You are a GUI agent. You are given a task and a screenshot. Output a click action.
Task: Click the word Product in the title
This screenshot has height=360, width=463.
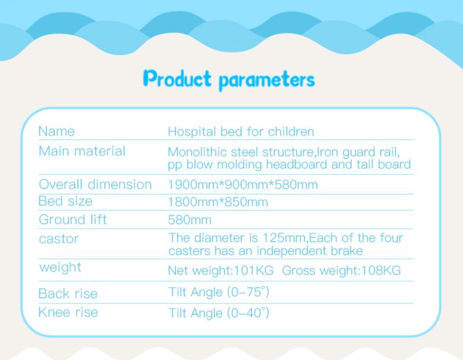click(x=177, y=79)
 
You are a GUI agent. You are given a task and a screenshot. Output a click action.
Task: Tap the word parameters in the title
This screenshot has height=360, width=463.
click(x=267, y=80)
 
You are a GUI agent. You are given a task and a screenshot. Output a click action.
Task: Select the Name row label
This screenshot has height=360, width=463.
click(x=56, y=131)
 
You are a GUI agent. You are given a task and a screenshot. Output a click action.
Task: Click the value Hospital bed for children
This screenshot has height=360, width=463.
click(x=241, y=132)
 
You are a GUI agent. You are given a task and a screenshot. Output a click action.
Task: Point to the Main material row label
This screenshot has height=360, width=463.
click(x=82, y=151)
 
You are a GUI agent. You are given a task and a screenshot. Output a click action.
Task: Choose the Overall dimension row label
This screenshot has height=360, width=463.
click(x=95, y=185)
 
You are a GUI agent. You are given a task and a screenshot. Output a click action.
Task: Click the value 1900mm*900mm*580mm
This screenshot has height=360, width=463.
click(x=242, y=185)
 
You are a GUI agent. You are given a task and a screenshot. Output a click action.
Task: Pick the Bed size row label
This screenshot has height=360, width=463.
click(x=65, y=201)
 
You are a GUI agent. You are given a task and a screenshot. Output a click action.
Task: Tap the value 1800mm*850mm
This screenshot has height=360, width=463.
click(x=218, y=202)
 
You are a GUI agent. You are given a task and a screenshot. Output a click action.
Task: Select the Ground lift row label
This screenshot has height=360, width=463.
click(x=73, y=220)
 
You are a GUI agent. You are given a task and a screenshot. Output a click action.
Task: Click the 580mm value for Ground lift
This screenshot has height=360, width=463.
click(x=190, y=220)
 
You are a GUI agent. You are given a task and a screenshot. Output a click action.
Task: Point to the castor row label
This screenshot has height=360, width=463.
click(x=59, y=239)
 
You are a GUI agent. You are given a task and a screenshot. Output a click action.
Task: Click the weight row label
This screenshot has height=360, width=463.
click(x=60, y=267)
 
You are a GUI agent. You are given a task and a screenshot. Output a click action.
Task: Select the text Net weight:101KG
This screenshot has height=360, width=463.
click(x=221, y=270)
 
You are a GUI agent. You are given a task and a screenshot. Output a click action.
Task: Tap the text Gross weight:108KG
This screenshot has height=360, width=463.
click(x=341, y=270)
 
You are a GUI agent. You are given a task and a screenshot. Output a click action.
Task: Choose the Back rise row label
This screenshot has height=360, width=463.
click(x=68, y=293)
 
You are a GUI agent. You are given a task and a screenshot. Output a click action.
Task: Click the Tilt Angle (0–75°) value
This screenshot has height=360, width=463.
click(x=219, y=292)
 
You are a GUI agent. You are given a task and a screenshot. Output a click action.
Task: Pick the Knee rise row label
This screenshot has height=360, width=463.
click(x=68, y=312)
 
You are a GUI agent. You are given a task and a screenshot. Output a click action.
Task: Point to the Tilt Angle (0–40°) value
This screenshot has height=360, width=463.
click(x=219, y=313)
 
